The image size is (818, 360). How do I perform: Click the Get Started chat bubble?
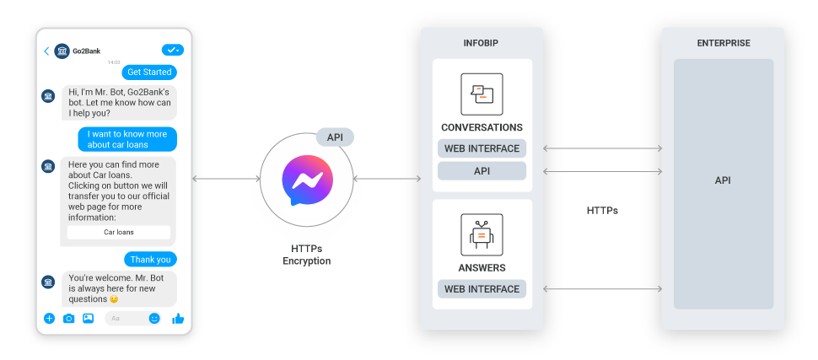click(x=149, y=72)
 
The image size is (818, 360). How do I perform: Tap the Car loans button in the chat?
click(x=119, y=232)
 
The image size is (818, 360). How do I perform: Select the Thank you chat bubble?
click(x=151, y=259)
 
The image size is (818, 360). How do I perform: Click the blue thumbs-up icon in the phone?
click(x=178, y=319)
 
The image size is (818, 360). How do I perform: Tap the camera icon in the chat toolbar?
click(x=68, y=319)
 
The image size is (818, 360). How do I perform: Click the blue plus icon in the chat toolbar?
click(x=49, y=319)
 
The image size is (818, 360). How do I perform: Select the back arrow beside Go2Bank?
click(x=46, y=51)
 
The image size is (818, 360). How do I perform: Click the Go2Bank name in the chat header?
click(x=87, y=51)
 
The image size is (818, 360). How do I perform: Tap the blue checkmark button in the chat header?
click(x=173, y=51)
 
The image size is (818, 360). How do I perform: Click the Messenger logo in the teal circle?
click(x=307, y=180)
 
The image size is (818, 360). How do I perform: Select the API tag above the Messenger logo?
click(x=335, y=137)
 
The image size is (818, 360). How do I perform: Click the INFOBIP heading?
click(x=482, y=43)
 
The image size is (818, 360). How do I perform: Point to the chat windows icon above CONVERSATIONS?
click(x=482, y=94)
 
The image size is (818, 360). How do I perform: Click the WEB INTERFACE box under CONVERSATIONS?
click(x=482, y=148)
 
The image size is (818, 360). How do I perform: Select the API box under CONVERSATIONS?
click(x=482, y=171)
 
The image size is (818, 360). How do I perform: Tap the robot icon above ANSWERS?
click(x=482, y=234)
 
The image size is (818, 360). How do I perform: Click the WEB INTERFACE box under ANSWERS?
click(x=482, y=289)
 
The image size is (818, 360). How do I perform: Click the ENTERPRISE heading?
click(x=723, y=43)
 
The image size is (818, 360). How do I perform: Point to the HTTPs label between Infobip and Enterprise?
click(x=602, y=210)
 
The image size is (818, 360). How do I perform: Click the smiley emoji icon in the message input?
click(x=154, y=319)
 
